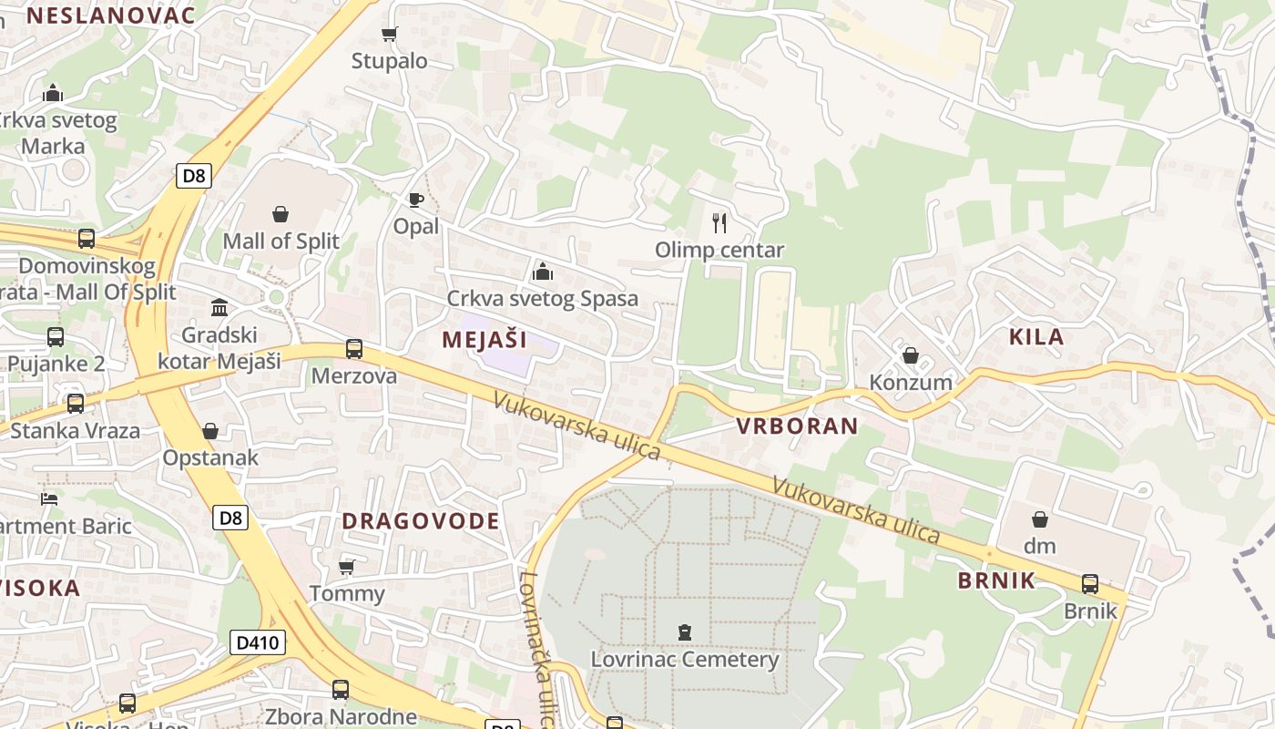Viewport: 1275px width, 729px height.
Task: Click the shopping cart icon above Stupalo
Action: click(390, 35)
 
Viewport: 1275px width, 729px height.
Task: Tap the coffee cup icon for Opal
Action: click(416, 200)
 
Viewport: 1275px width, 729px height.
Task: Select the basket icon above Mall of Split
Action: click(280, 214)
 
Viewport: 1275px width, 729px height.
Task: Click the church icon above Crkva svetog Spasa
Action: click(543, 272)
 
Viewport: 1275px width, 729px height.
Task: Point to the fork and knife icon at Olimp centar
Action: click(719, 222)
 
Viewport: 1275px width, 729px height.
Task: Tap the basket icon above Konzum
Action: click(910, 355)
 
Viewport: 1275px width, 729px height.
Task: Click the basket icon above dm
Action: click(1039, 519)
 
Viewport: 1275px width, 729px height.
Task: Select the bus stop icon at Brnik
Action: click(1089, 584)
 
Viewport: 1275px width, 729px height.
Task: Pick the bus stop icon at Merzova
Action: click(354, 349)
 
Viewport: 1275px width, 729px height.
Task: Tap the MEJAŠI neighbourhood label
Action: click(484, 340)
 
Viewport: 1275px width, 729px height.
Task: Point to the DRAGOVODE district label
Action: click(421, 521)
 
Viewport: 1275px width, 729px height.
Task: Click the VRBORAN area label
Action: click(797, 426)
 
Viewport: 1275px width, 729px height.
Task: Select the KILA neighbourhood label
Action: click(1036, 336)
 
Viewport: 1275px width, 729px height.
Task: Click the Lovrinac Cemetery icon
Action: click(684, 631)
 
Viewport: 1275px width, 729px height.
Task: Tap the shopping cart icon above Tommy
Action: click(346, 567)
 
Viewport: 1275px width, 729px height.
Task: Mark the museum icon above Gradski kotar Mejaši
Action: click(219, 307)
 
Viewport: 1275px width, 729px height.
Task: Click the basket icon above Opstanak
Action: click(210, 430)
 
